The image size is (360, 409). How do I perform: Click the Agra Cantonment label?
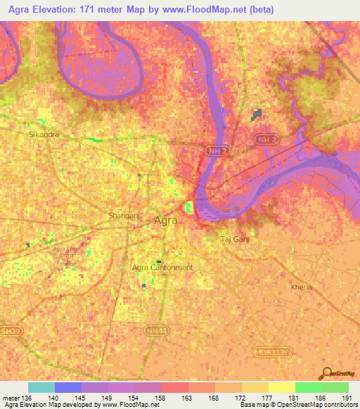(162, 268)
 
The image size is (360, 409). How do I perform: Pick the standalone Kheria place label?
(301, 287)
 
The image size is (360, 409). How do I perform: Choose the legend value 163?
(188, 398)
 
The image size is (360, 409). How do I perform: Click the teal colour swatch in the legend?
(41, 387)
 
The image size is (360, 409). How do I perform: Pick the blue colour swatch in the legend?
(67, 387)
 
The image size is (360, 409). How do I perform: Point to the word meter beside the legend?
(11, 398)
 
